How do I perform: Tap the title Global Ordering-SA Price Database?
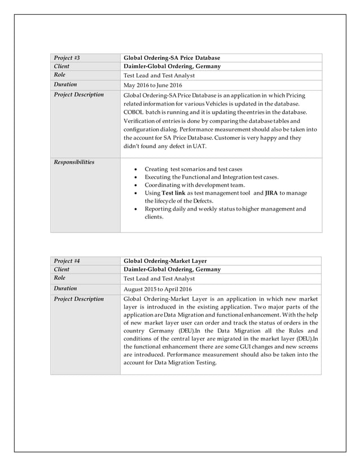click(x=172, y=58)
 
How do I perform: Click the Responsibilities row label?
click(x=74, y=162)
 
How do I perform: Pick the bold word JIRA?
click(x=272, y=193)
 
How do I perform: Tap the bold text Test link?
click(x=173, y=193)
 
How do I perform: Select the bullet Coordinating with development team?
click(x=195, y=184)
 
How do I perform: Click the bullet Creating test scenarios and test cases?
click(x=193, y=169)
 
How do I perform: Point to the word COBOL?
click(x=133, y=112)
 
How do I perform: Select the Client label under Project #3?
click(x=62, y=66)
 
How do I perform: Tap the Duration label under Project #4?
click(x=65, y=288)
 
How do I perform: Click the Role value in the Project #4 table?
click(x=159, y=279)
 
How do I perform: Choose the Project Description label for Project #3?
click(x=78, y=95)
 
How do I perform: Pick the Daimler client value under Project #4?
click(x=172, y=270)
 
